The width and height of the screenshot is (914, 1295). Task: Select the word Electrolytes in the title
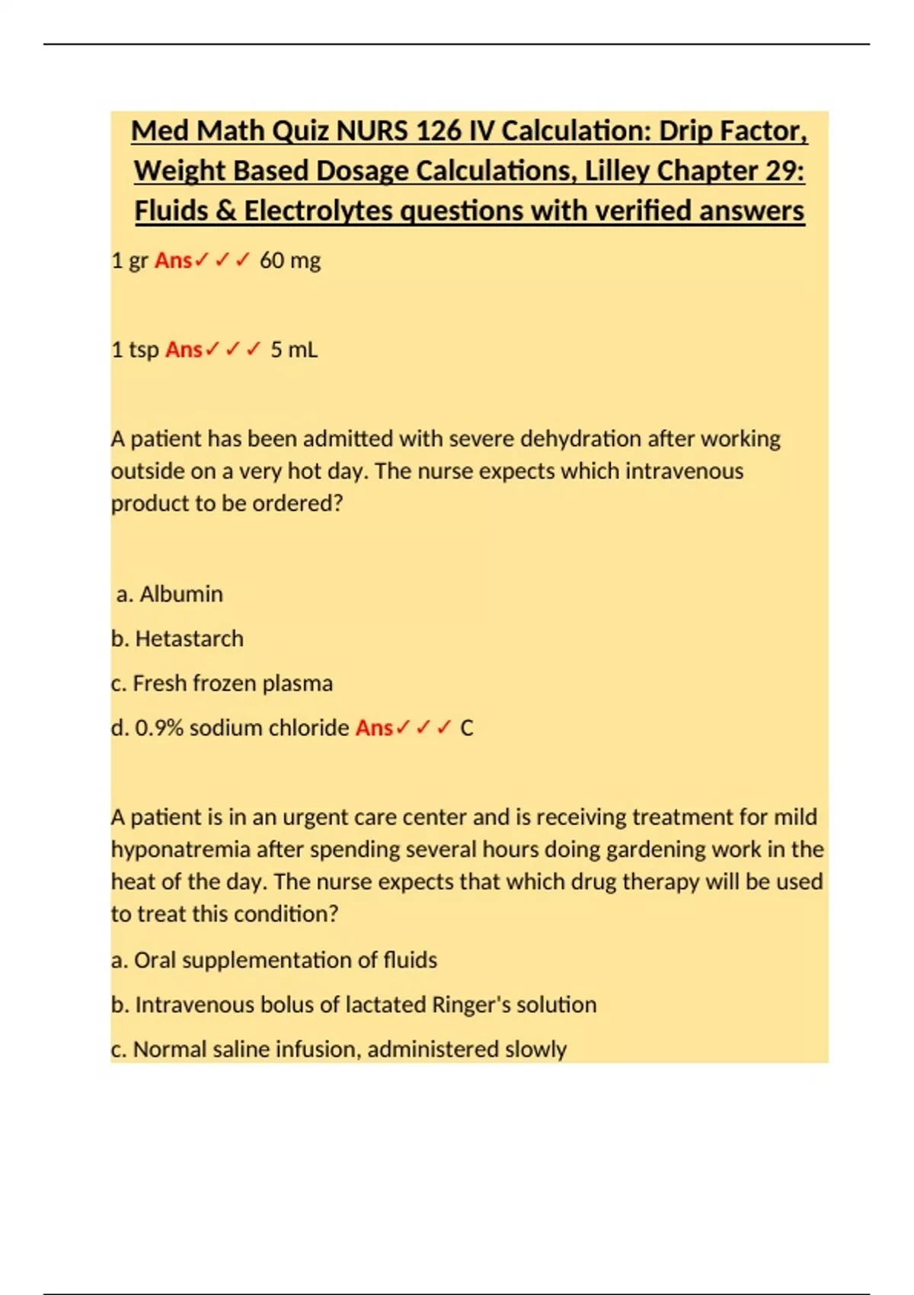pos(319,211)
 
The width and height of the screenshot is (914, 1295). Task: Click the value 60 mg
pos(290,261)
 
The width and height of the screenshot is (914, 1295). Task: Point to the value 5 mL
pos(294,350)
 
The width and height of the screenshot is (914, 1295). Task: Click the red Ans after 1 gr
pos(174,261)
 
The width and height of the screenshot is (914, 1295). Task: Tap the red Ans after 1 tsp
pos(184,350)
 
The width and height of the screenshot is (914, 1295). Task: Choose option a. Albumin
pos(170,594)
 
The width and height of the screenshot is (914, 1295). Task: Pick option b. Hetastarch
pos(177,638)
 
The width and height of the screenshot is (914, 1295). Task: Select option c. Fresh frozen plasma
pos(222,683)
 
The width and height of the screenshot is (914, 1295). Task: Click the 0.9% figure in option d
pos(159,728)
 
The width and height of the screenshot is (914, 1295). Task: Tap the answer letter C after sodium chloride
pos(467,728)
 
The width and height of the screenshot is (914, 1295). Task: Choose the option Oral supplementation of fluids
pos(274,960)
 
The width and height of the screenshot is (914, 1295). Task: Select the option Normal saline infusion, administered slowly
pos(339,1050)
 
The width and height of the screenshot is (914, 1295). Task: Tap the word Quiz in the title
pos(301,131)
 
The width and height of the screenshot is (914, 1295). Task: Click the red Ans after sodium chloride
pos(374,728)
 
